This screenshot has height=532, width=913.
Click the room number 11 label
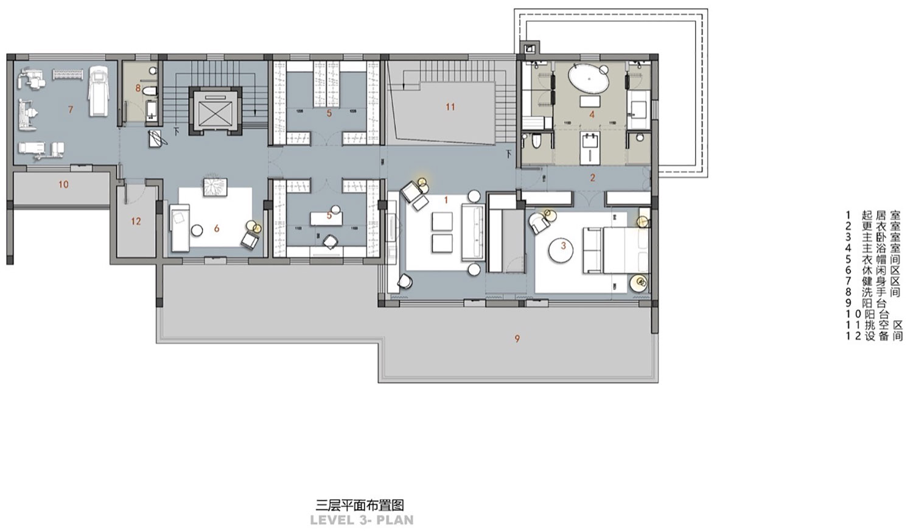450,107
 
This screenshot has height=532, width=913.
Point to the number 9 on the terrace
517,338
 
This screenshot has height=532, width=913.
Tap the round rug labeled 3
564,247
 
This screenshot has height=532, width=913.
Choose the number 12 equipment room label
136,222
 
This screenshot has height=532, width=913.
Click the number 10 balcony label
63,184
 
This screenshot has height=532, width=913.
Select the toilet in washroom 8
150,92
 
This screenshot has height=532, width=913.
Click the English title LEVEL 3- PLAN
362,520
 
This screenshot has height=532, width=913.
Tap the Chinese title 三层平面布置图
360,505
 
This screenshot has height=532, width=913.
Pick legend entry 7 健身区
873,281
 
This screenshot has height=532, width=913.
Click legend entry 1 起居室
873,215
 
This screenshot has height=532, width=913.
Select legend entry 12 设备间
874,336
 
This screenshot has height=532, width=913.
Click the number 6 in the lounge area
217,229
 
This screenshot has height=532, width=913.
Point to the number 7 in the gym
71,110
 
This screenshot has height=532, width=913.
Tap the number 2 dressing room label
592,178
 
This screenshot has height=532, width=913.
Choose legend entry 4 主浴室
873,248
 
